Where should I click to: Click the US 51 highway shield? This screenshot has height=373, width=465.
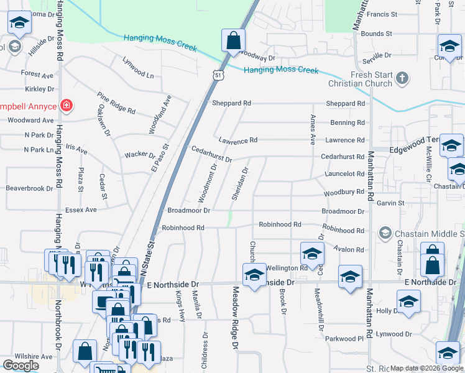(218, 75)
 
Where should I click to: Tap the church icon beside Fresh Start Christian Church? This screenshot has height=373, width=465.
(403, 79)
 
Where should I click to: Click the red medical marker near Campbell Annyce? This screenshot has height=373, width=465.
(65, 106)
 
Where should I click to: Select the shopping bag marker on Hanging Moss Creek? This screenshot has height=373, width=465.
(233, 41)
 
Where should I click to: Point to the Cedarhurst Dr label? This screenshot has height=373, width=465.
(211, 155)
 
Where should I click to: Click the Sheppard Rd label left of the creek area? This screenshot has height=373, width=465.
(231, 103)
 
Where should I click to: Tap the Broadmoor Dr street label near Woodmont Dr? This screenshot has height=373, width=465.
(189, 211)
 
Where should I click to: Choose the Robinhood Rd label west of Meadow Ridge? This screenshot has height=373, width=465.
(183, 228)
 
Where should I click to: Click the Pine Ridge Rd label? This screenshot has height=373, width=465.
(116, 103)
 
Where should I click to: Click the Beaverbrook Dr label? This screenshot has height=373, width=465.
(29, 188)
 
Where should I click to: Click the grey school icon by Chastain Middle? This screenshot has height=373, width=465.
(385, 233)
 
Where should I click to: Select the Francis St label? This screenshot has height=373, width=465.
(382, 14)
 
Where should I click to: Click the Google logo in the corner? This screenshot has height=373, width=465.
(21, 366)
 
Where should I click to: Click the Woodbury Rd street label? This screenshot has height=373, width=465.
(344, 193)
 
